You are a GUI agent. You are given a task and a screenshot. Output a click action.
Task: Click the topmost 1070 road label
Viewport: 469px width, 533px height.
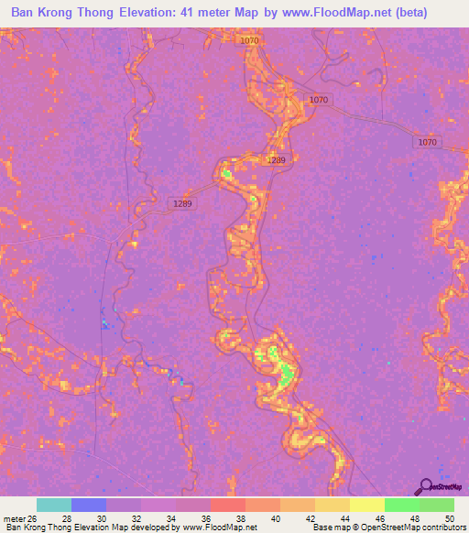coord(248,41)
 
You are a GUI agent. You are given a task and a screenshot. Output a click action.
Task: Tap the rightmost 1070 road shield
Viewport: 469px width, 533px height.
coord(427,142)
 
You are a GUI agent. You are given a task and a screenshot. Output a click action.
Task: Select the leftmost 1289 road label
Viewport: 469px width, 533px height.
coord(182,204)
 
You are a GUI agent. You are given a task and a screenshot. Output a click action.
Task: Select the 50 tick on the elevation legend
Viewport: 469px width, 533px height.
coord(449,519)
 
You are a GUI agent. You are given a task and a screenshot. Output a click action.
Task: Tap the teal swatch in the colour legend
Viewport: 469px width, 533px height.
coord(54,505)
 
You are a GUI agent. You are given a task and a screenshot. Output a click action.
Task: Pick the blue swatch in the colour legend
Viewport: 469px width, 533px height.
coord(89,505)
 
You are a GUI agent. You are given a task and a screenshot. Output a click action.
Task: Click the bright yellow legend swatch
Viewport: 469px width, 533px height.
coord(366,505)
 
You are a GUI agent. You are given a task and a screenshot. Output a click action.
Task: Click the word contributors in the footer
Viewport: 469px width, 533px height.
coord(438,528)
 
